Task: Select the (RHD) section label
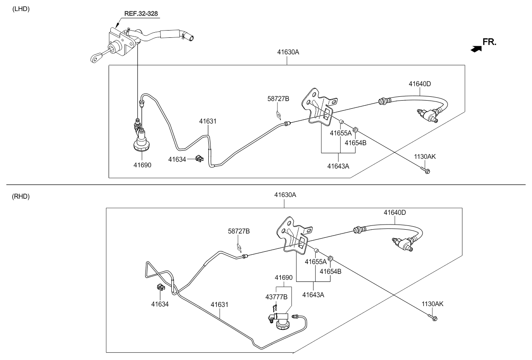21,197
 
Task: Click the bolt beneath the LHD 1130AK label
426,171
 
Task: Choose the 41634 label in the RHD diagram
160,304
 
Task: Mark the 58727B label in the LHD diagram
279,98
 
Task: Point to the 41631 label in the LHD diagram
208,121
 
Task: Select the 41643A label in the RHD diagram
313,295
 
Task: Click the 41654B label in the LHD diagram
355,143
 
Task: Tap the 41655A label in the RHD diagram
316,262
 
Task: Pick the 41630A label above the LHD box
288,52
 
